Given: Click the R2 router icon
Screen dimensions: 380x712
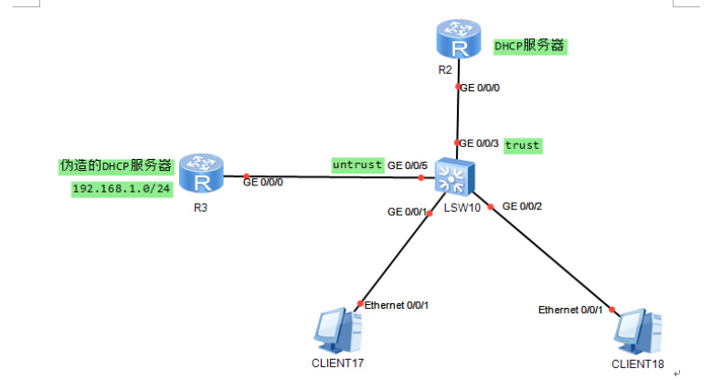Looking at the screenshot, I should coord(458,40).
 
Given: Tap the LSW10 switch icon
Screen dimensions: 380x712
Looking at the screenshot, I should coord(453,176).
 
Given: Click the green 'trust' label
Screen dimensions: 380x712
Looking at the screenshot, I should coord(523,144).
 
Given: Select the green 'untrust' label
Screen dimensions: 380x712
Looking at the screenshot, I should coord(356,164).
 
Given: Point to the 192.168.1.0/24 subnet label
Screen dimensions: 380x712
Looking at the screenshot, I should coord(122,188).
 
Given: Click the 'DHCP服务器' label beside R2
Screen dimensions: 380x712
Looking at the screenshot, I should coord(530,45).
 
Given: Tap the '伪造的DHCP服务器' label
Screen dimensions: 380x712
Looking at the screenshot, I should coord(115,166).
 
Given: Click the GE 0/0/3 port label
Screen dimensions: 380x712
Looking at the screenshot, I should coord(479,143).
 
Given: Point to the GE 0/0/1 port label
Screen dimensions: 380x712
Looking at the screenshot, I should coord(408,212).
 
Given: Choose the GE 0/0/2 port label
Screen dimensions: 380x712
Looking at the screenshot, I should coord(523,206).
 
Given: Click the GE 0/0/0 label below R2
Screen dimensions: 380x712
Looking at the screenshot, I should coord(480,88).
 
